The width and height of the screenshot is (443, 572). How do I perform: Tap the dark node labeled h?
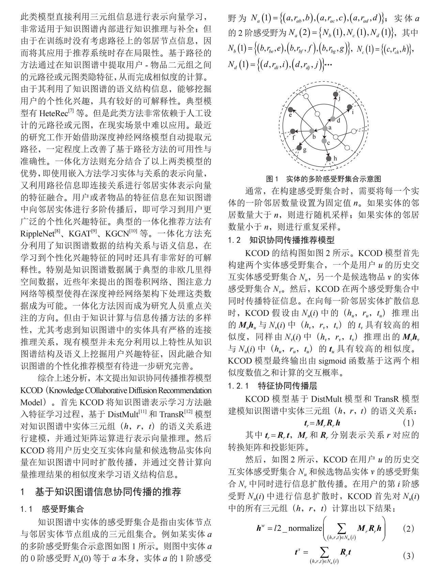coord(329,158)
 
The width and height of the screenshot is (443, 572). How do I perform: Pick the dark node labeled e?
coord(291,110)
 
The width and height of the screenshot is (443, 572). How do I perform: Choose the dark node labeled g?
coord(299,148)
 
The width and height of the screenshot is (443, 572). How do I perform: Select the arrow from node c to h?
coord(326,150)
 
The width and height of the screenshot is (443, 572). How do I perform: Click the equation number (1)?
coord(408,423)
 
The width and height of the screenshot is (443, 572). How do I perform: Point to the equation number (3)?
coord(408,556)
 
